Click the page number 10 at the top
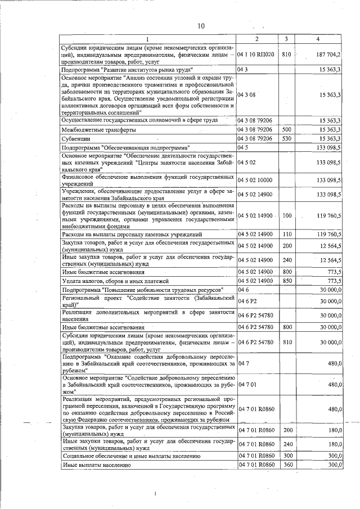tap(201, 26)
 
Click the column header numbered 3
tap(286, 39)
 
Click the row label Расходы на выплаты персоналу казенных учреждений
tap(132, 233)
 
